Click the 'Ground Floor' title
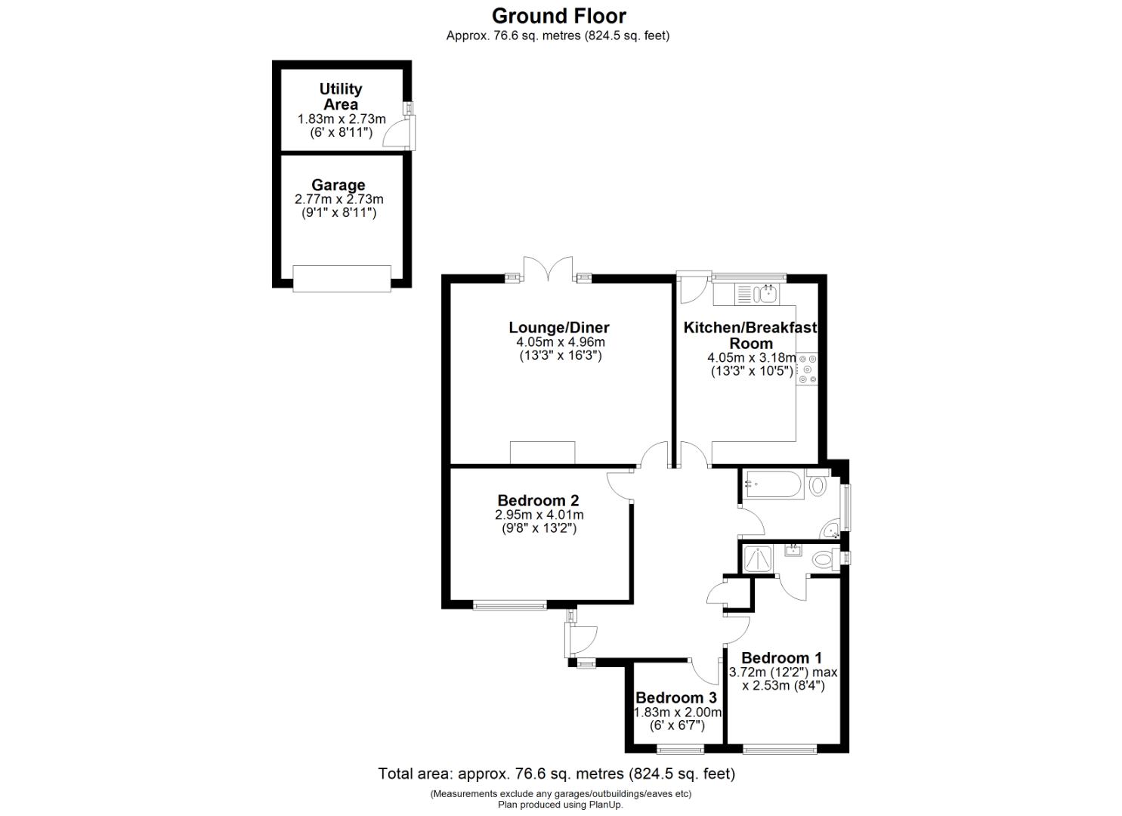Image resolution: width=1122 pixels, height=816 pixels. [x=559, y=16]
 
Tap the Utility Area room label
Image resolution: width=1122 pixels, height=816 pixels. [x=341, y=97]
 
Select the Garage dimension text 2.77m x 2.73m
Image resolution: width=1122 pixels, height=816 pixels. [x=338, y=199]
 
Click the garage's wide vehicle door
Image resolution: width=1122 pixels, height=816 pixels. [x=342, y=278]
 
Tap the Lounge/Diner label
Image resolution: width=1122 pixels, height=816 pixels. [x=558, y=328]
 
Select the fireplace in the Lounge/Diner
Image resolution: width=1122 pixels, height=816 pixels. [x=542, y=453]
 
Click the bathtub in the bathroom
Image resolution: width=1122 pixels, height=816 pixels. [x=771, y=485]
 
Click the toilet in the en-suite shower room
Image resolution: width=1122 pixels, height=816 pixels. [x=822, y=560]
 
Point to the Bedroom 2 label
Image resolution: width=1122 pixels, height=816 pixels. [x=538, y=500]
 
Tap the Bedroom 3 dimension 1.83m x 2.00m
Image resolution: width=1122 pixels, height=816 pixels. [x=678, y=712]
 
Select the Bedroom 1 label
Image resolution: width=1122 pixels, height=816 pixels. [x=781, y=658]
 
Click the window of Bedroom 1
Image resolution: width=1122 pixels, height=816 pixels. [x=780, y=750]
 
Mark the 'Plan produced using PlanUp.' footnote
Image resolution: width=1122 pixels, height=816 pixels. [x=560, y=805]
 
